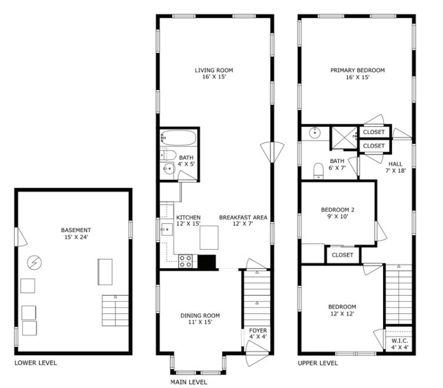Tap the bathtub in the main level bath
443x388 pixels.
pyautogui.click(x=179, y=139)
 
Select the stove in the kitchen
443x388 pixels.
pyautogui.click(x=186, y=260)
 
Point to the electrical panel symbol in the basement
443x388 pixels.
pyautogui.click(x=35, y=261)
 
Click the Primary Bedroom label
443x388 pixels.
pyautogui.click(x=357, y=70)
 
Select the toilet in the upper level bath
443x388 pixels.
pyautogui.click(x=318, y=170)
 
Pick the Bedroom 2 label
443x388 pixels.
pyautogui.click(x=337, y=209)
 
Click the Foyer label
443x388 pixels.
pyautogui.click(x=258, y=330)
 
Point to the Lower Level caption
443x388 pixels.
pyautogui.click(x=36, y=363)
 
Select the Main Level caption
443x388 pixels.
pyautogui.click(x=189, y=382)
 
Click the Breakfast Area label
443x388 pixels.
pyautogui.click(x=243, y=217)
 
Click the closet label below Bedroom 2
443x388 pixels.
pyautogui.click(x=343, y=255)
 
